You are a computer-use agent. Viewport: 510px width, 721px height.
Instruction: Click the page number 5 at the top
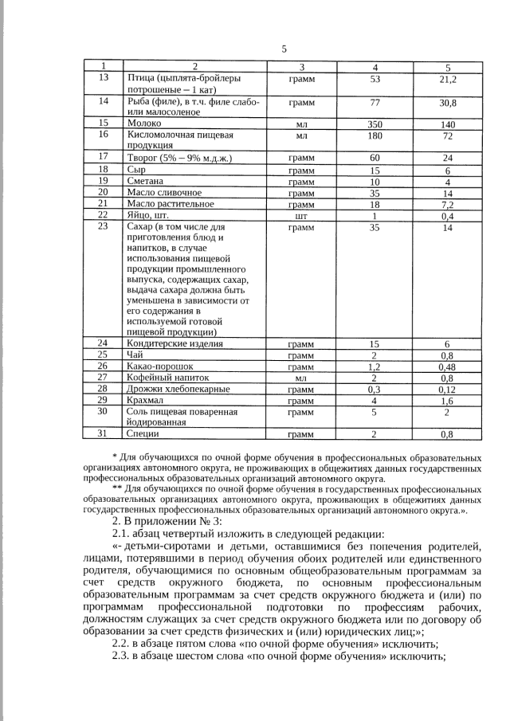284,49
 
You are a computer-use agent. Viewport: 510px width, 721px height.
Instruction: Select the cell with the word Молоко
144,124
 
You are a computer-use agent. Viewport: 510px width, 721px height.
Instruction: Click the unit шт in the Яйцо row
301,215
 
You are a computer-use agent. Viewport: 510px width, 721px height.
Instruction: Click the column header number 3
301,67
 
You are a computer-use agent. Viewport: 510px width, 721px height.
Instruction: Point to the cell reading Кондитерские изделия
175,344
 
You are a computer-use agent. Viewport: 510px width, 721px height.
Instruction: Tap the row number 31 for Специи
102,434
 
